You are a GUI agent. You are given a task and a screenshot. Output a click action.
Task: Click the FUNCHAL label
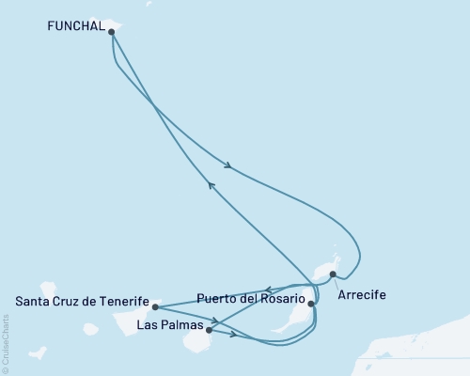coord(75,29)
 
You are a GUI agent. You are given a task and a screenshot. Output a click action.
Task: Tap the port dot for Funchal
coord(112,31)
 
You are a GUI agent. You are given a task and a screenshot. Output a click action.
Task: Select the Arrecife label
coord(361,294)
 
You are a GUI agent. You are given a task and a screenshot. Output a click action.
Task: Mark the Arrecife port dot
coord(333,274)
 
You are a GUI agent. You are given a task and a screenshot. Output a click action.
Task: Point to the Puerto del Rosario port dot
coord(311,304)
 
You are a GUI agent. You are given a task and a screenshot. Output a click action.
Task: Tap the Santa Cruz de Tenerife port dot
coord(155,306)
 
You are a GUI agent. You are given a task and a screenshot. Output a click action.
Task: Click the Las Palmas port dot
coord(209,330)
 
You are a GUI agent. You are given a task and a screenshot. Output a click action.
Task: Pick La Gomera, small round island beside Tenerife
coord(90,330)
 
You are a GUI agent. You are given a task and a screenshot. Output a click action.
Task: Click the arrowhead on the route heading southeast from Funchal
coord(228,167)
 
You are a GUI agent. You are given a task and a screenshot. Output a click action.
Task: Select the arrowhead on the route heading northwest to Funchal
coord(211,186)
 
